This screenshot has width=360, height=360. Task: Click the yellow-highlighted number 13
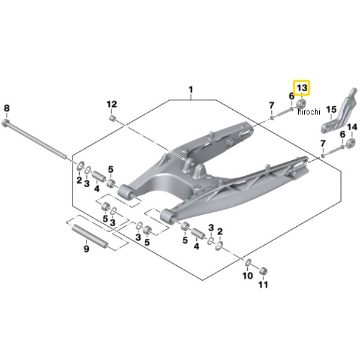pyautogui.click(x=302, y=88)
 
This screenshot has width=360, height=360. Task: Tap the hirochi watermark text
pyautogui.click(x=309, y=112)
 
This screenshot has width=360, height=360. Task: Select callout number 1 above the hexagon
pyautogui.click(x=191, y=90)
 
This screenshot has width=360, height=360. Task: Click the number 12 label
pyautogui.click(x=112, y=104)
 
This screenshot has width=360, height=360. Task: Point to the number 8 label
pyautogui.click(x=7, y=108)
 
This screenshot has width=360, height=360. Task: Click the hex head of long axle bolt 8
pyautogui.click(x=5, y=123)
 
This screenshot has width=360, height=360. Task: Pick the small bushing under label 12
pyautogui.click(x=112, y=118)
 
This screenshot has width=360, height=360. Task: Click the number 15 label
pyautogui.click(x=332, y=110)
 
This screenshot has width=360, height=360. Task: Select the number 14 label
pyautogui.click(x=352, y=127)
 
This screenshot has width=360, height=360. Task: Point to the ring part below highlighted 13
pyautogui.click(x=301, y=104)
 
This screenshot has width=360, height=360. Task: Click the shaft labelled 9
pyautogui.click(x=89, y=236)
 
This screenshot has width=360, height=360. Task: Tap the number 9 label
pyautogui.click(x=86, y=248)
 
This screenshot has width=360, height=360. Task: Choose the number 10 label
pyautogui.click(x=248, y=275)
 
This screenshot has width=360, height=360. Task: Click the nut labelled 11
pyautogui.click(x=263, y=271)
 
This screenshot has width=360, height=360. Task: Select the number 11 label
pyautogui.click(x=263, y=284)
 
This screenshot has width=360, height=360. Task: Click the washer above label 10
pyautogui.click(x=248, y=262)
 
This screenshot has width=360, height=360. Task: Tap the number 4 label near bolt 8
pyautogui.click(x=97, y=189)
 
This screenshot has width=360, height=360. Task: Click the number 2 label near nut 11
pyautogui.click(x=220, y=232)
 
